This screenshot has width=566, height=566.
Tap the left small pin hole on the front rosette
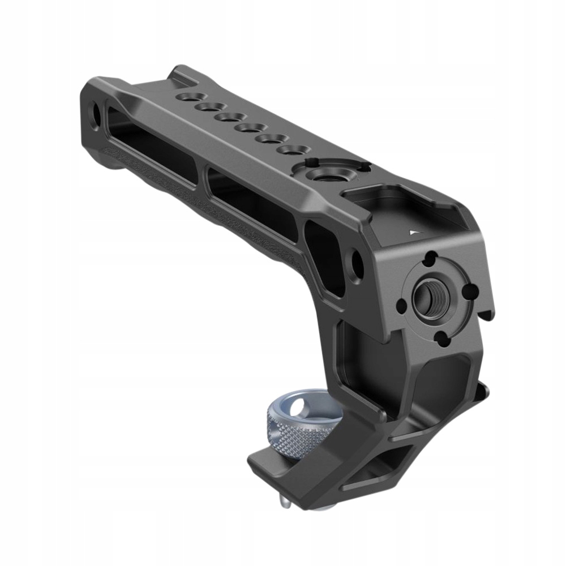coord(401,306)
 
